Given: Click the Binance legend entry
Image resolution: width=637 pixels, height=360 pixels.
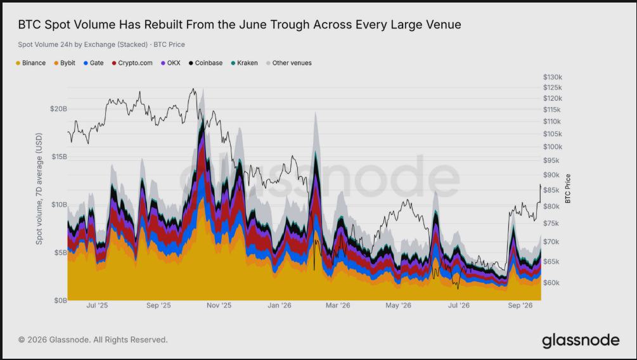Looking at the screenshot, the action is click(x=31, y=63).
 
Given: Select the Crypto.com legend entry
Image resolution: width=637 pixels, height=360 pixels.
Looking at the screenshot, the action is click(x=132, y=63).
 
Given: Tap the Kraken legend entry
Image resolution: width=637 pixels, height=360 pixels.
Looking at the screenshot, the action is click(x=244, y=63).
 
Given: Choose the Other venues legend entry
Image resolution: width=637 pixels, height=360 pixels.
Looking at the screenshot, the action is click(x=289, y=63).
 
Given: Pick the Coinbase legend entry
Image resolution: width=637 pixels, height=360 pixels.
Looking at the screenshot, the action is click(x=205, y=63).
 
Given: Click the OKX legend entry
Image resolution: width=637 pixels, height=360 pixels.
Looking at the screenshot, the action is click(x=171, y=63).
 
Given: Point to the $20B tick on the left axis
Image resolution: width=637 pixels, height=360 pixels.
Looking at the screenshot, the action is click(x=58, y=109).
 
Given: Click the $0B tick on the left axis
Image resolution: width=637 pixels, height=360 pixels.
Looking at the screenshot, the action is click(x=61, y=300).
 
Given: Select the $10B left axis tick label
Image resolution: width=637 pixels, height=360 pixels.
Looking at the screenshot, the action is click(x=59, y=205).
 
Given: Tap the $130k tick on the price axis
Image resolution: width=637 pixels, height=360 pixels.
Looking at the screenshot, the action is click(x=553, y=77).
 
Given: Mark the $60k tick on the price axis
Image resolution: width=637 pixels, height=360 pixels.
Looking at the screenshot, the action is click(x=551, y=283).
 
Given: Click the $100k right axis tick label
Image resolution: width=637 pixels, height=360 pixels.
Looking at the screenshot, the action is click(x=553, y=147).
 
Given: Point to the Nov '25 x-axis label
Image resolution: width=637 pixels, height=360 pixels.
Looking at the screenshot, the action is click(x=219, y=305).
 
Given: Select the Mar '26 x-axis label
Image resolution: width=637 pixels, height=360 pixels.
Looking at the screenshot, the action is click(x=338, y=305).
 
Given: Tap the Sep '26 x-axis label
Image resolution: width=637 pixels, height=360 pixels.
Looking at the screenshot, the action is click(x=520, y=305).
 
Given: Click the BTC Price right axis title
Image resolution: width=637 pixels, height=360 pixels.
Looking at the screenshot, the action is click(x=568, y=188).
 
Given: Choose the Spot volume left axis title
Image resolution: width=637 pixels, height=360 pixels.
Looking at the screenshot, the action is click(x=39, y=188).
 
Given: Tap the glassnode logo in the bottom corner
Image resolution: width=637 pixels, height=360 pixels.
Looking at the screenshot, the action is click(x=581, y=340).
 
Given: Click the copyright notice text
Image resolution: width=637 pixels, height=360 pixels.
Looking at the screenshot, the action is click(x=93, y=340).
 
